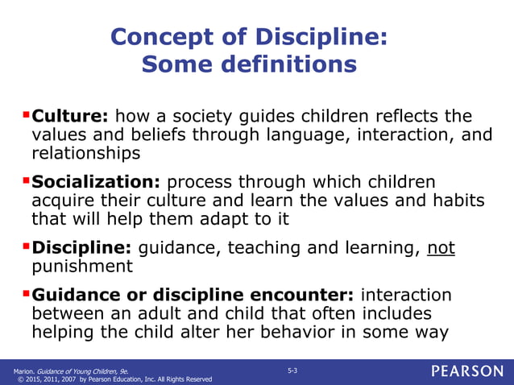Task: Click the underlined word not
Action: tap(441, 249)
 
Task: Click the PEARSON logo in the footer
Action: tap(466, 371)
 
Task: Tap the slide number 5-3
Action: tap(292, 370)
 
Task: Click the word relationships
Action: tap(86, 152)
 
